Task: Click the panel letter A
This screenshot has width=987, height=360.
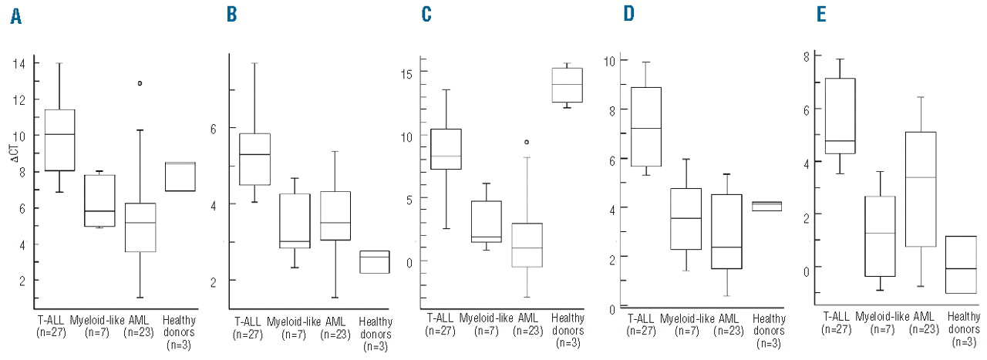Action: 15,16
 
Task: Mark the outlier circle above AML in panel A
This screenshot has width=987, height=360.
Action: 140,83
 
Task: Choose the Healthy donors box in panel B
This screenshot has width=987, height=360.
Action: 374,261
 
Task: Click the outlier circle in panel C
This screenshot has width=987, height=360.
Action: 526,142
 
